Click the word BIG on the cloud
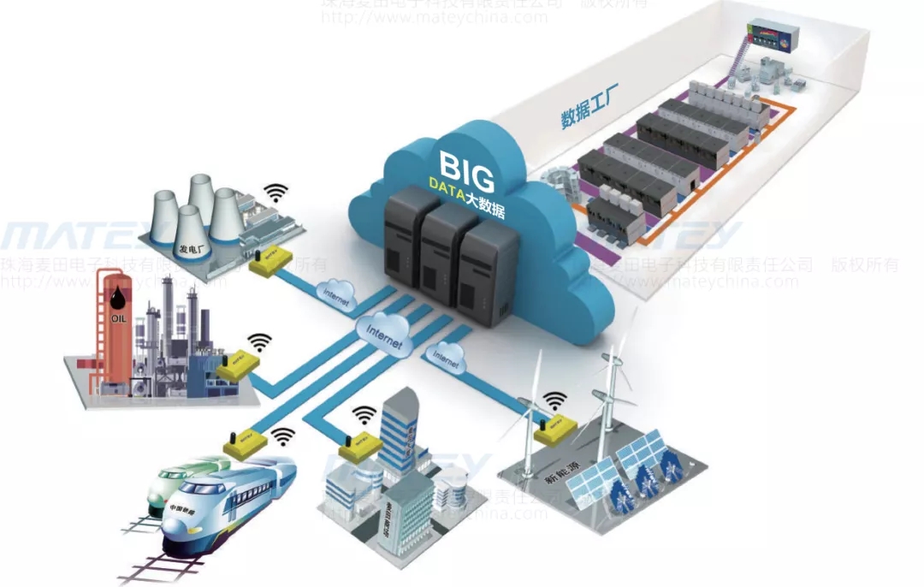tap(467, 171)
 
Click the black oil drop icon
tap(116, 298)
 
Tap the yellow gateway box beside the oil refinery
tap(238, 366)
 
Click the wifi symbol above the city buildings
tap(365, 415)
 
